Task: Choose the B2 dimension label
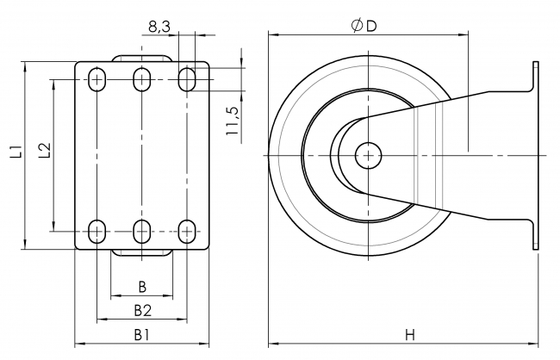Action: coord(142,309)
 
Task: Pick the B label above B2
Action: coord(142,286)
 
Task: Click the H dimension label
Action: coord(410,333)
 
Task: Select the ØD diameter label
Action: coord(364,27)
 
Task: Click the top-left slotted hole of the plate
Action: coord(97,79)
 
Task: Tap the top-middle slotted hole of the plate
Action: coord(142,79)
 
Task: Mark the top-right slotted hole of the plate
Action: coord(186,79)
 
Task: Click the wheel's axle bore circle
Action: coord(369,155)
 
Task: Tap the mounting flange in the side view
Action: coord(536,155)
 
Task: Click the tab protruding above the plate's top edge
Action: coord(142,58)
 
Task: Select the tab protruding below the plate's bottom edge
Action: coord(142,253)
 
